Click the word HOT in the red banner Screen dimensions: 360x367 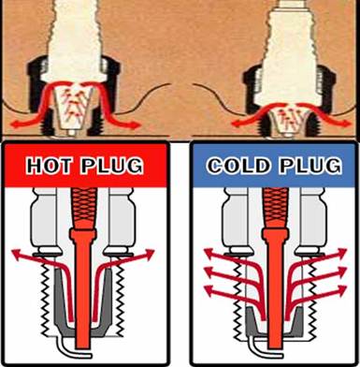coord(49,165)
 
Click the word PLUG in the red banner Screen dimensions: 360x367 coord(112,165)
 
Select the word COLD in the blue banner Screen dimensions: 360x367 coord(238,165)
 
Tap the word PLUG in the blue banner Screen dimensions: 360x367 coord(310,165)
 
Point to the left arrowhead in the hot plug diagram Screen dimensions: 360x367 coord(17,254)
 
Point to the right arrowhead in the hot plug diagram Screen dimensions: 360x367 coord(149,254)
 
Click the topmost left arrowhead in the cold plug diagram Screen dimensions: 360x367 coord(209,252)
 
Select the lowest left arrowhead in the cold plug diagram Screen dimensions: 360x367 coord(209,290)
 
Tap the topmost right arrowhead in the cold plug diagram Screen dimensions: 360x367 coord(341,252)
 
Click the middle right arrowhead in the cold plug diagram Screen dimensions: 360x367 coord(341,271)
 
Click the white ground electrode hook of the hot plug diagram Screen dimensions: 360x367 coord(73,349)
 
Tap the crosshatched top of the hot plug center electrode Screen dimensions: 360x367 coord(82,208)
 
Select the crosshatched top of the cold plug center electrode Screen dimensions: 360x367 coord(274,208)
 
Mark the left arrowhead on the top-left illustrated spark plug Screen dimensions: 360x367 coord(15,125)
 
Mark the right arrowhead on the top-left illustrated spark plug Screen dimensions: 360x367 coord(135,125)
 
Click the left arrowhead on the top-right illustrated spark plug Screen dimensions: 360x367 coord(237,124)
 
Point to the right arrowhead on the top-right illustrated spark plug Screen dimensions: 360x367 coord(345,124)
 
